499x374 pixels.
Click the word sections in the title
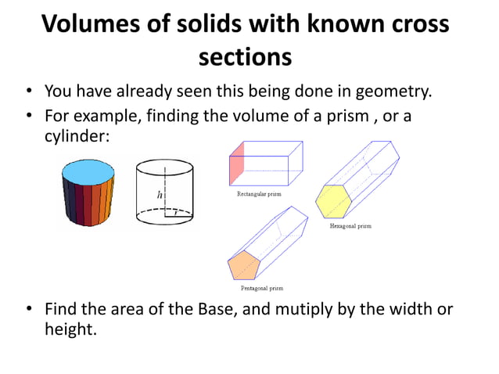tap(246, 57)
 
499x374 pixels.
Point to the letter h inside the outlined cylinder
tap(160, 196)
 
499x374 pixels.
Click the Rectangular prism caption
tap(259, 192)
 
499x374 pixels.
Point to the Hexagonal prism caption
tap(350, 226)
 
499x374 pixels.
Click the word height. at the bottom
tap(71, 329)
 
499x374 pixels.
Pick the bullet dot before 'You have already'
tap(27, 92)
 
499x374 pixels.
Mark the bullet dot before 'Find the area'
tap(27, 310)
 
